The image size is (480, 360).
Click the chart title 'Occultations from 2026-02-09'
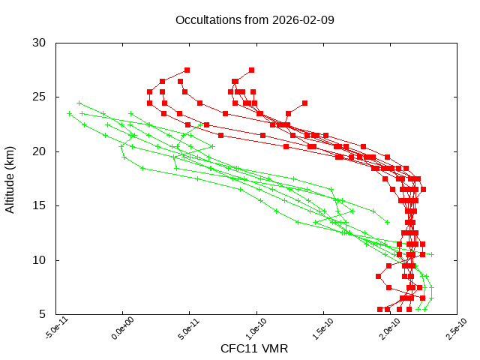pyautogui.click(x=254, y=19)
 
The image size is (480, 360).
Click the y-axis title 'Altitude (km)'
pyautogui.click(x=10, y=178)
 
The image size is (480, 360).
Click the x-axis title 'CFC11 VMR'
pyautogui.click(x=254, y=349)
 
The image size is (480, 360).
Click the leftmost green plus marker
pyautogui.click(x=70, y=113)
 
